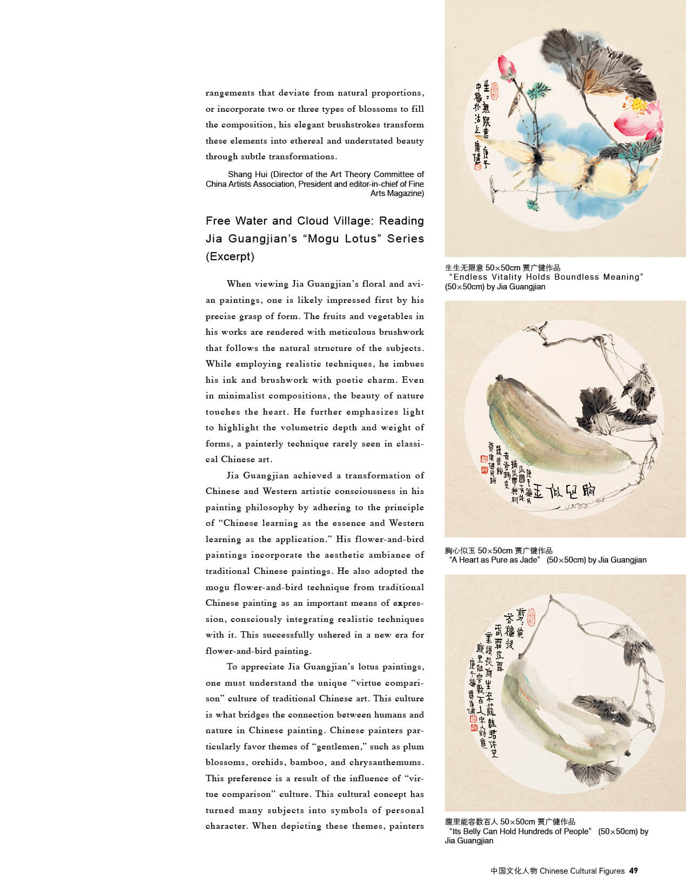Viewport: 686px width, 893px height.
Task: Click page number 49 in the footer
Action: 634,870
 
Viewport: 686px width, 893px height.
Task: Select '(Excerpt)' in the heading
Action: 230,256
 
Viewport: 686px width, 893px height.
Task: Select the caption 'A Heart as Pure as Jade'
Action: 495,560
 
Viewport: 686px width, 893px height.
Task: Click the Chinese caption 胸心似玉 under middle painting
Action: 460,551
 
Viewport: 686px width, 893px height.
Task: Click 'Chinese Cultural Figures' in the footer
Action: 582,870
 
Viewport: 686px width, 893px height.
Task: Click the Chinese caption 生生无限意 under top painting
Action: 464,268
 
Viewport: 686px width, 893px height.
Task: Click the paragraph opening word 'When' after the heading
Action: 238,284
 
